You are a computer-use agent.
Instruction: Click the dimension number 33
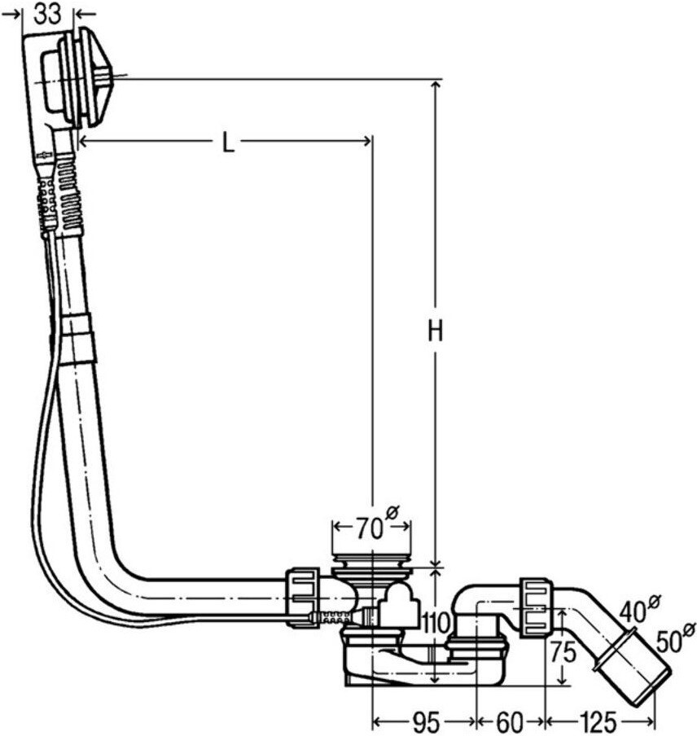point(47,14)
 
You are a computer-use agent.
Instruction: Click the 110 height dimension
point(436,624)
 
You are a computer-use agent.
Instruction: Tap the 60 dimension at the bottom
point(509,722)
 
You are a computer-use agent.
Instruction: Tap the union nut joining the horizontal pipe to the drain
point(302,597)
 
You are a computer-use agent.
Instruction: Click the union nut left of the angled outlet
point(536,608)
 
